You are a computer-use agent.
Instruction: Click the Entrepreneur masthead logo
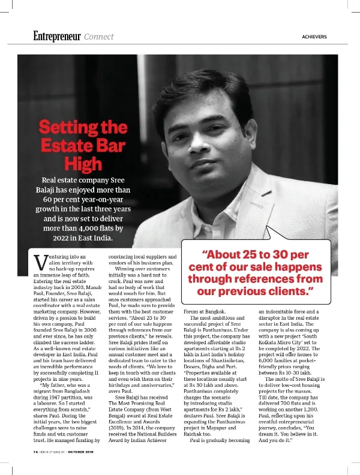pos(57,36)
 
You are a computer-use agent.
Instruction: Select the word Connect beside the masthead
pos(99,37)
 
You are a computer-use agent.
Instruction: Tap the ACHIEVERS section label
pos(314,37)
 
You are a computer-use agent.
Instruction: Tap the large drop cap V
pos(40,263)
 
